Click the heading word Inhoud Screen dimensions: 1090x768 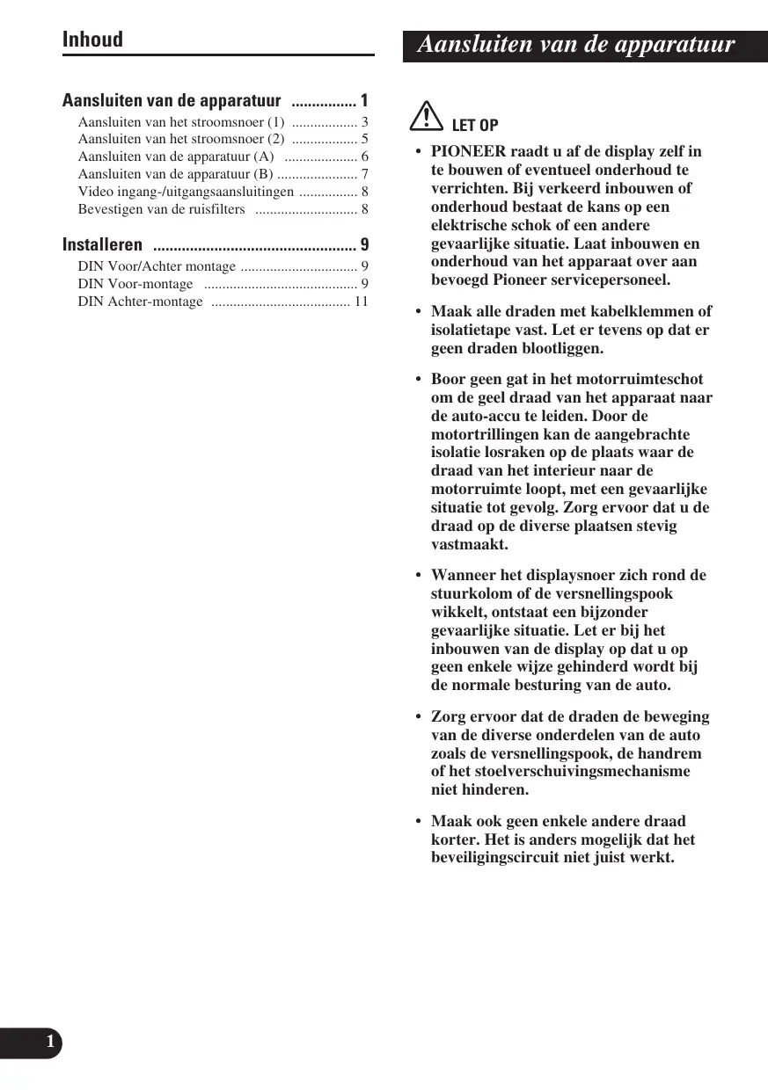(92, 40)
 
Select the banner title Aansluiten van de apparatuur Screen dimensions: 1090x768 (575, 45)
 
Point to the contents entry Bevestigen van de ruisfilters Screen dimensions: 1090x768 (161, 209)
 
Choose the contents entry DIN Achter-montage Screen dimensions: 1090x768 (140, 302)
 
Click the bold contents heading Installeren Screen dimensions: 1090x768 (102, 244)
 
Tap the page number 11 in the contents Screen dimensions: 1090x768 (361, 302)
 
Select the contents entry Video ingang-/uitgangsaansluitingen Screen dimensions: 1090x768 (186, 192)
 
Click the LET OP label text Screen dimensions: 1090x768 (474, 125)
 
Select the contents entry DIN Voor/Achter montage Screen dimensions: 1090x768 (157, 266)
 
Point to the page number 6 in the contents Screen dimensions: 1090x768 (364, 156)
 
